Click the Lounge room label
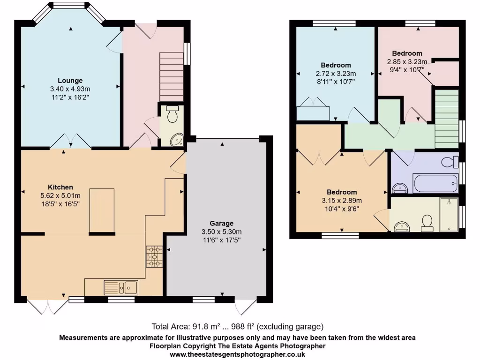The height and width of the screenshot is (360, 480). (x=70, y=81)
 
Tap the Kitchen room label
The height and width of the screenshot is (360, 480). (x=60, y=187)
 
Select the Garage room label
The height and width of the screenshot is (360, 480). (x=222, y=224)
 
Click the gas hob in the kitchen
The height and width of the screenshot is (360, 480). (x=155, y=256)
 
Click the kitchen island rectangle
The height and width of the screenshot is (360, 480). (x=102, y=210)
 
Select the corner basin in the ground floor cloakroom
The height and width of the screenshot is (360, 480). (x=177, y=139)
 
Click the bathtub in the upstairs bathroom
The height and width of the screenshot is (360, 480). (x=435, y=183)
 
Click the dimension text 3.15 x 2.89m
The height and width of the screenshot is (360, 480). (x=342, y=201)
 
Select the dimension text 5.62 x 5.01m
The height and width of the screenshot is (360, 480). (x=60, y=196)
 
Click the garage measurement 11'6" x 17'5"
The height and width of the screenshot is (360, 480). (x=222, y=240)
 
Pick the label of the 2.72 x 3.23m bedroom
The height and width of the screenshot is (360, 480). (x=336, y=65)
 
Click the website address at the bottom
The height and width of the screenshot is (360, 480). (x=237, y=355)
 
